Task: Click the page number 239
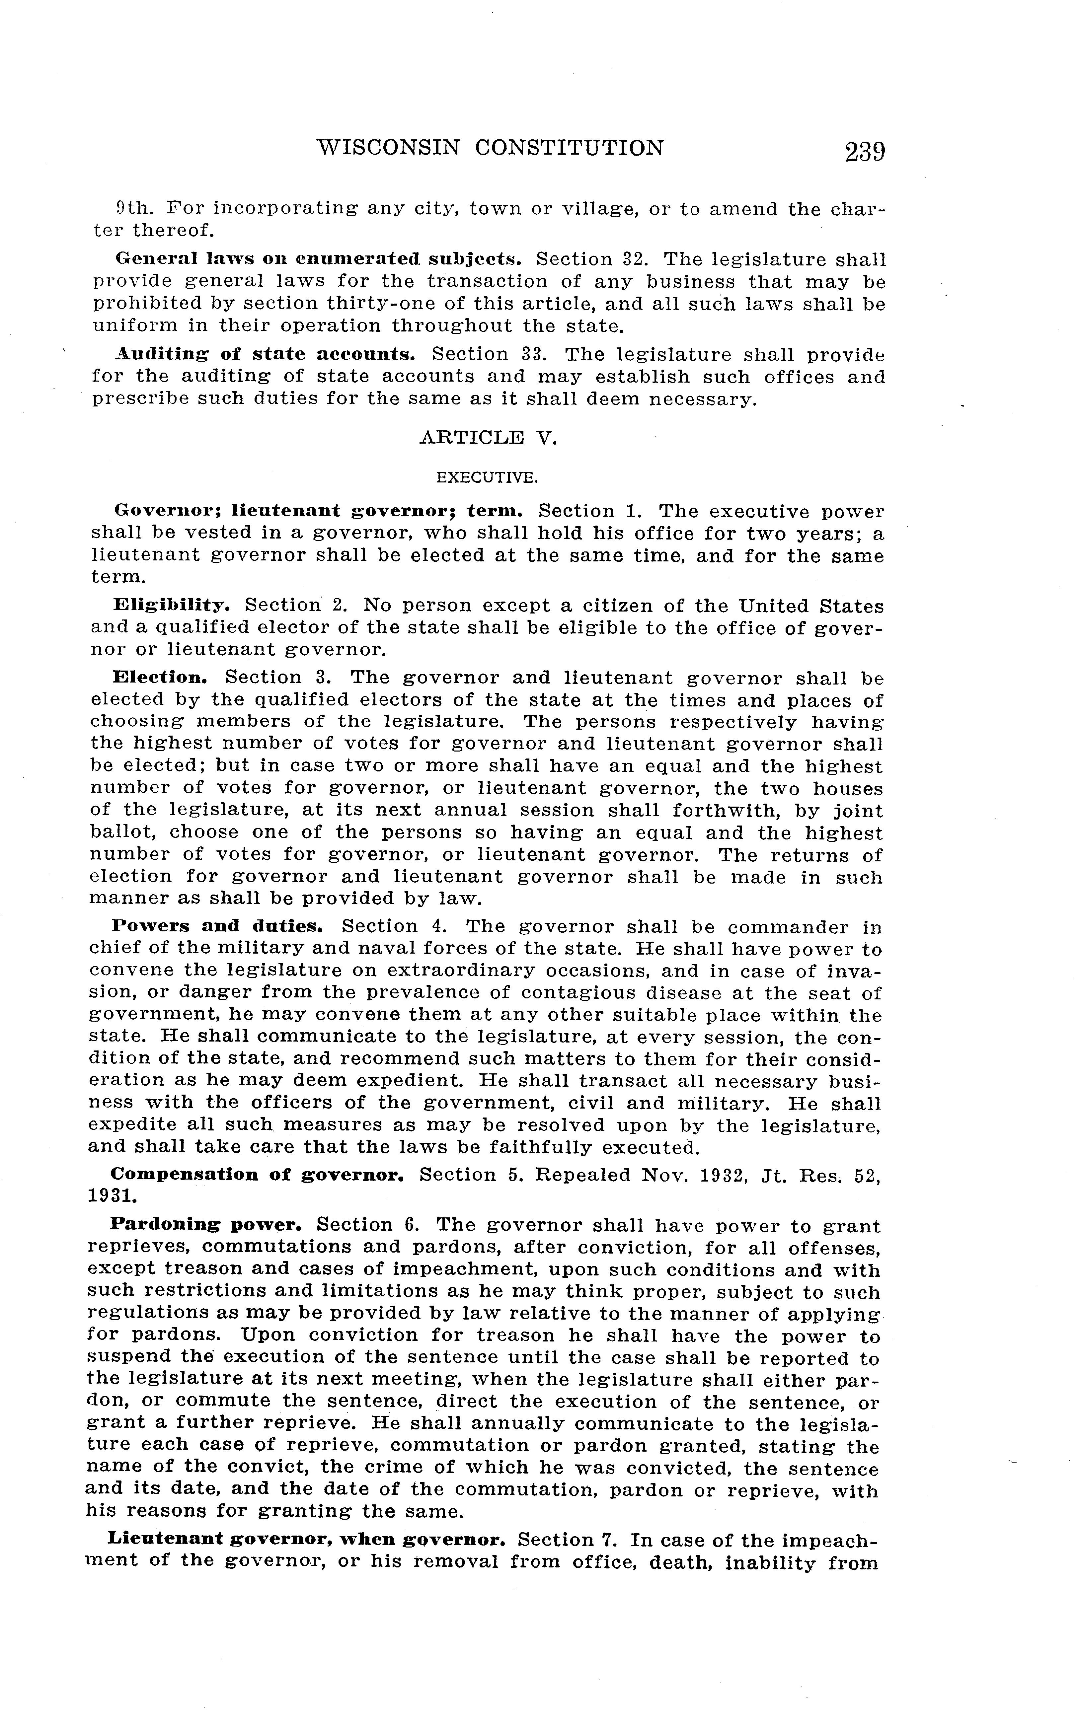pyautogui.click(x=865, y=152)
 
